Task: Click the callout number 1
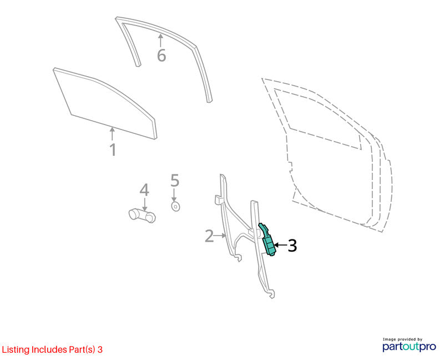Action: tap(113, 149)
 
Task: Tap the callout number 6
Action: tap(162, 55)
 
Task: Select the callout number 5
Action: tap(175, 181)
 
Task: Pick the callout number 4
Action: tap(144, 190)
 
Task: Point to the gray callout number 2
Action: tap(209, 236)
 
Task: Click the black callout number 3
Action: tap(292, 246)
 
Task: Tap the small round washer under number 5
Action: tap(176, 206)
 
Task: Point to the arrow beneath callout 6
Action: tap(160, 41)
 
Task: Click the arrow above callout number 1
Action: tap(113, 134)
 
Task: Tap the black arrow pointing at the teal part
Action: tap(280, 244)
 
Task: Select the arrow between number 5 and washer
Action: tap(174, 195)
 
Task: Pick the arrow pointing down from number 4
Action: tap(145, 204)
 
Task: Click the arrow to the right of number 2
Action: tap(220, 235)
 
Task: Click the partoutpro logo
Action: tap(409, 347)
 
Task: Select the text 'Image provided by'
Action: tap(402, 339)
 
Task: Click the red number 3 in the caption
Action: tap(100, 349)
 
